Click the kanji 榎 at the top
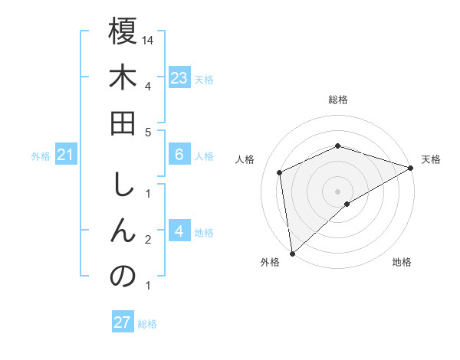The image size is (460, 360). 123,33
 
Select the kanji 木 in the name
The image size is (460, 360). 123,80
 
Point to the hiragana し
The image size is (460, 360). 123,185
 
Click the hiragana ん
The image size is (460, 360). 123,231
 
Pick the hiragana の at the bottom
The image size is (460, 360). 123,277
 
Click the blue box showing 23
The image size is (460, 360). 179,78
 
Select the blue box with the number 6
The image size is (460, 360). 179,155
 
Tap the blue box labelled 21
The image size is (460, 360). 66,156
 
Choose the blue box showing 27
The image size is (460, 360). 122,322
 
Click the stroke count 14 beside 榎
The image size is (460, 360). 149,39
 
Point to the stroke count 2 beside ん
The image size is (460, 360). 147,240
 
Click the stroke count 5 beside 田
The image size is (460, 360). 147,132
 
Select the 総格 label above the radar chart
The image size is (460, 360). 337,100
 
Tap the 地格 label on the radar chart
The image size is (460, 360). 402,262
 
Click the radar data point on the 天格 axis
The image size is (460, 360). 410,169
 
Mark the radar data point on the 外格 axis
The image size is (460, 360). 292,254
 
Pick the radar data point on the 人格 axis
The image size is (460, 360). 280,172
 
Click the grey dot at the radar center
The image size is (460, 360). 337,191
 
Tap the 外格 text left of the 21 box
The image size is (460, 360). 41,156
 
